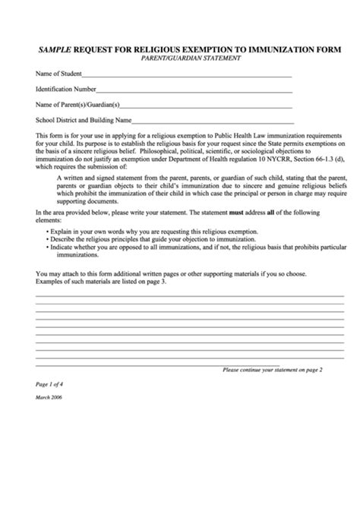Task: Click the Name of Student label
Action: click(x=58, y=74)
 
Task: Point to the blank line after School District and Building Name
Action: click(x=213, y=121)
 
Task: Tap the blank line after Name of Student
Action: click(x=186, y=76)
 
